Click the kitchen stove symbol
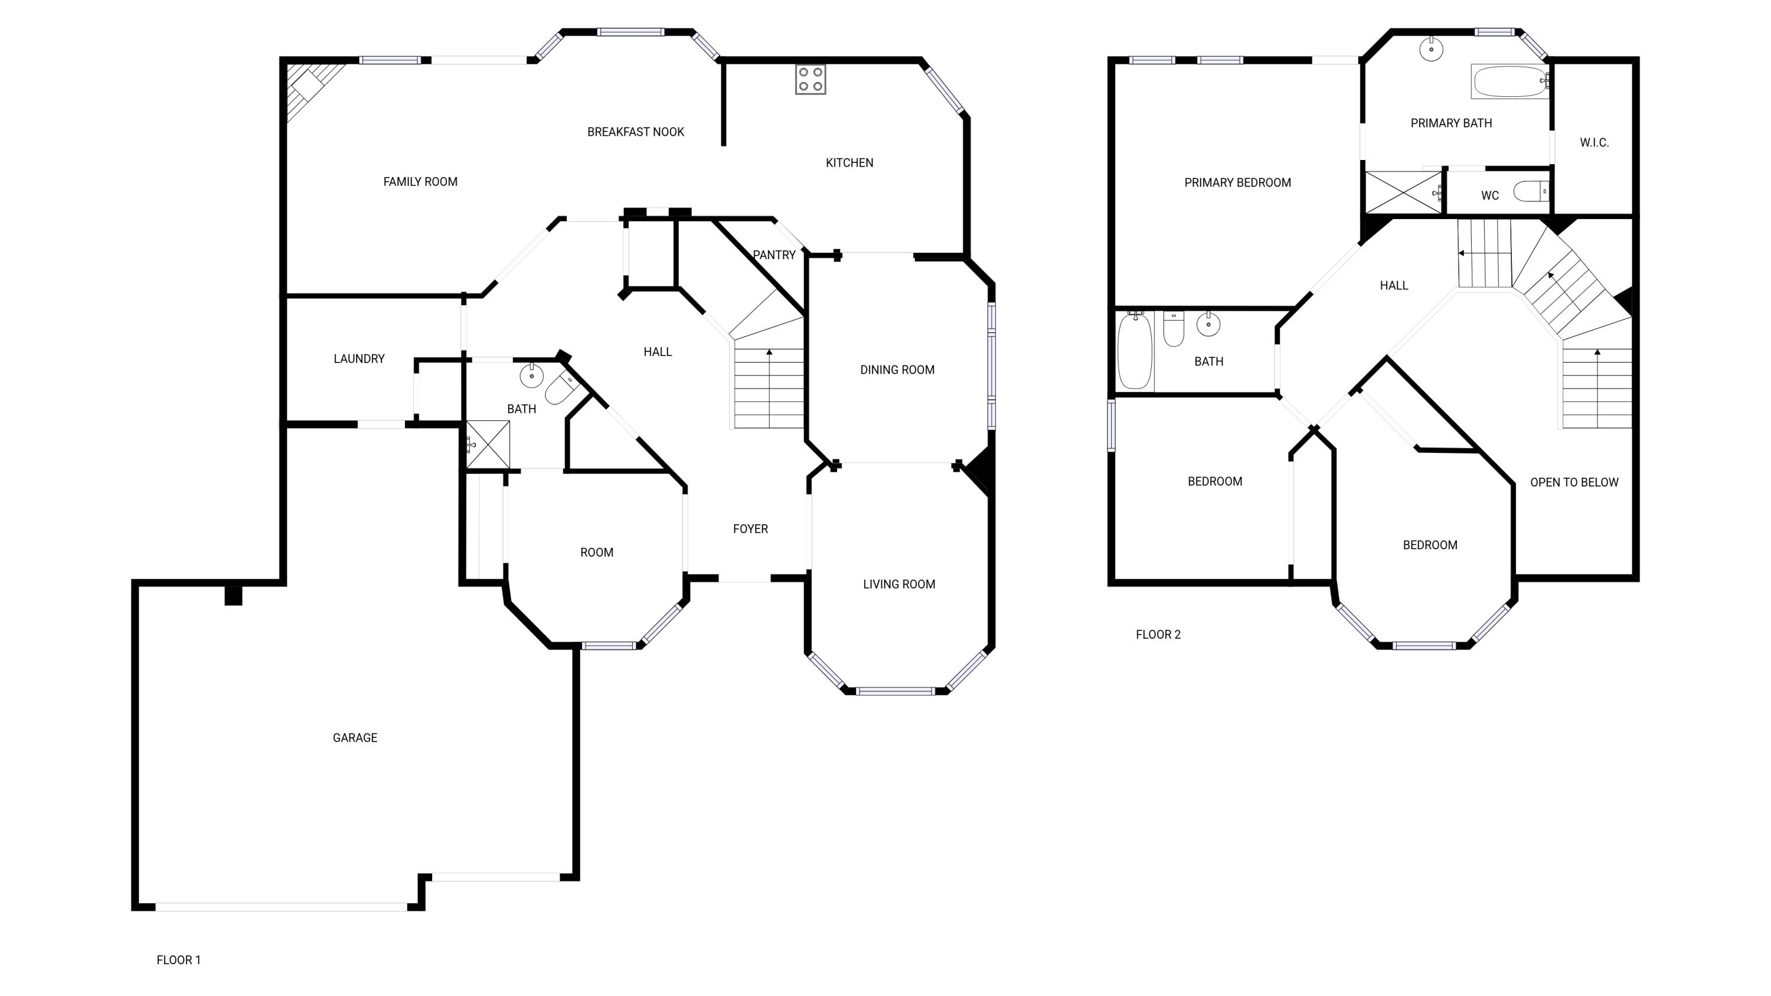click(811, 79)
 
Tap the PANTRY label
click(774, 255)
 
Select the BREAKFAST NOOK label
click(635, 132)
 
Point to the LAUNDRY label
click(359, 359)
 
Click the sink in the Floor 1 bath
click(531, 375)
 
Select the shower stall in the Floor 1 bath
click(488, 445)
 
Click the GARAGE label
click(355, 738)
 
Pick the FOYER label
click(750, 529)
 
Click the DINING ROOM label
click(897, 370)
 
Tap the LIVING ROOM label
click(899, 584)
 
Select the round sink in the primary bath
click(1432, 50)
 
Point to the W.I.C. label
click(1594, 143)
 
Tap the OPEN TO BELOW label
click(1574, 482)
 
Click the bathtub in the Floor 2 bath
click(1135, 351)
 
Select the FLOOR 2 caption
click(1158, 635)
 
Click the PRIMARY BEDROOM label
click(1237, 183)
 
